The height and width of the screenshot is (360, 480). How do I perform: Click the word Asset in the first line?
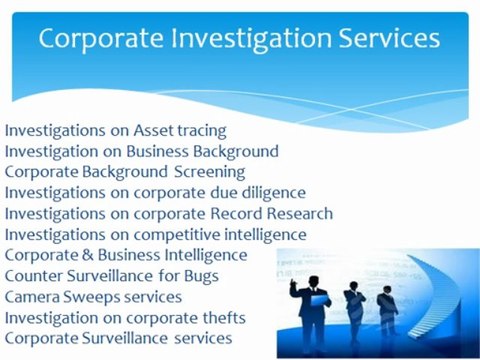click(x=154, y=130)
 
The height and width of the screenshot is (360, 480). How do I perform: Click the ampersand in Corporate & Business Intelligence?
click(x=87, y=256)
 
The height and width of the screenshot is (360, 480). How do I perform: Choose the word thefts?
click(x=221, y=319)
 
